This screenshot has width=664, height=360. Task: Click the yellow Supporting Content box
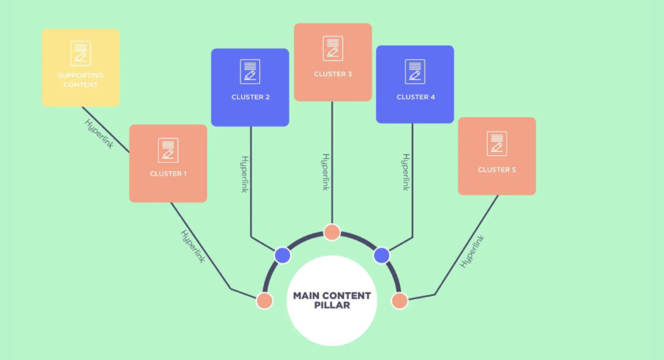point(80,67)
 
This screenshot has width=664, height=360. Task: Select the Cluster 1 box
point(168,163)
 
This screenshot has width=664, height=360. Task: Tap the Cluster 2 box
point(250,88)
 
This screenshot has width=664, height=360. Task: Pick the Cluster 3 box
point(333,62)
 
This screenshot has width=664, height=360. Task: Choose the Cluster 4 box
point(415,84)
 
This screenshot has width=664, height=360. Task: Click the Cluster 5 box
point(497,156)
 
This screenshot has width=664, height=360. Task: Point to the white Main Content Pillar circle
point(332,301)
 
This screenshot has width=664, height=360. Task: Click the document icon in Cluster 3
point(333,48)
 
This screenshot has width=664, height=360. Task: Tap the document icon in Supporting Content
point(80,53)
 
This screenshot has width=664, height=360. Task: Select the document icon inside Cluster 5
point(497,143)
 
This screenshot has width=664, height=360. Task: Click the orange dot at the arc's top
point(332,232)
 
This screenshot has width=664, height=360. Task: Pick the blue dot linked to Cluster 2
point(283,256)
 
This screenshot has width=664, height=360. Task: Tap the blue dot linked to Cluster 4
point(381,256)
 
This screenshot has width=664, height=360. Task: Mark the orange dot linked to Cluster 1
point(265,301)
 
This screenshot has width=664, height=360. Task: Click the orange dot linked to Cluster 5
point(399,301)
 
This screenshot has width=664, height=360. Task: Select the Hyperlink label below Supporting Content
point(99,134)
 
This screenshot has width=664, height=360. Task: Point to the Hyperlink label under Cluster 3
point(326,172)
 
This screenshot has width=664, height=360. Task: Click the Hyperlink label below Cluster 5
point(472,251)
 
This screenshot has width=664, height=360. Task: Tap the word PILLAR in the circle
point(332,306)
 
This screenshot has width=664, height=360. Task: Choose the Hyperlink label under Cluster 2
point(244,174)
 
